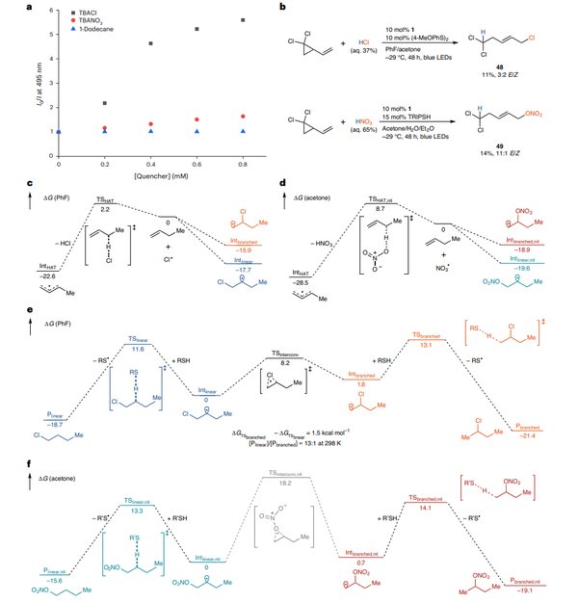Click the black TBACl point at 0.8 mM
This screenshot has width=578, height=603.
(x=242, y=19)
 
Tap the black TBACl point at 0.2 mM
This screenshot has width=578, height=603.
(x=104, y=102)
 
